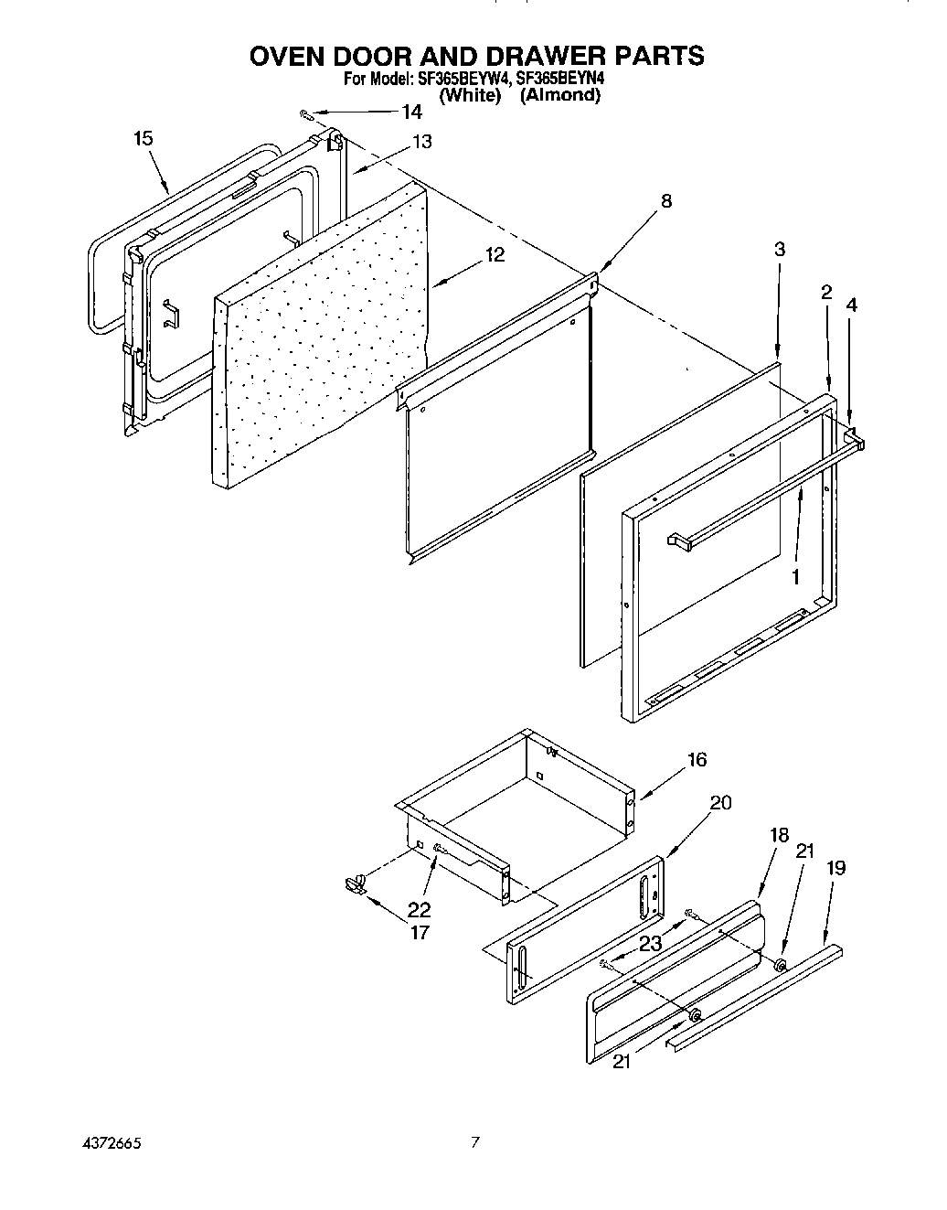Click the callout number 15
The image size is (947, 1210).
tap(143, 138)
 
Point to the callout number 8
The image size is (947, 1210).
tap(665, 201)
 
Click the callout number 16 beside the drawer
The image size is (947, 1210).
tap(697, 759)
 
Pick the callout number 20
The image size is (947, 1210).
tap(720, 802)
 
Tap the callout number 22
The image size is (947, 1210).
tap(420, 910)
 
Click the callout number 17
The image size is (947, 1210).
tap(420, 933)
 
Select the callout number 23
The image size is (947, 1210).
tap(650, 944)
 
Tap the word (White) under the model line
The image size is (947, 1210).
tap(470, 95)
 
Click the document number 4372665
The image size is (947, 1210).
tap(109, 1143)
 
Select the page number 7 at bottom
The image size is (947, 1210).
tap(474, 1141)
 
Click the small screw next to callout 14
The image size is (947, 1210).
tap(306, 113)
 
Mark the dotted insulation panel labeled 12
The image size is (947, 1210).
tap(320, 338)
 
